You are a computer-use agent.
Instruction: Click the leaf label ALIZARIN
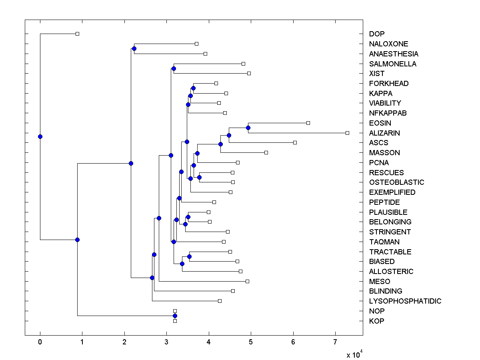tap(384, 133)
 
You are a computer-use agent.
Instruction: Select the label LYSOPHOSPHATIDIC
tap(405, 301)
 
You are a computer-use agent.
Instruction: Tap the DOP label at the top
tap(377, 34)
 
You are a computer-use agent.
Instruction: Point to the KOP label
tap(377, 321)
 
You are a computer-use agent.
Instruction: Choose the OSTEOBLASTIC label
tap(396, 182)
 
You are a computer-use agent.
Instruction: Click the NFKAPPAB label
tap(388, 113)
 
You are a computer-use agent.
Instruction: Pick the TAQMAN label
tap(384, 242)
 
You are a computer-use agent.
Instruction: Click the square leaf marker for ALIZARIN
tap(347, 133)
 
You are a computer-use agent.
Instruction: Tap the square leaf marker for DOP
tap(78, 34)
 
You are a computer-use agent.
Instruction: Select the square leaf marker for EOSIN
tap(308, 123)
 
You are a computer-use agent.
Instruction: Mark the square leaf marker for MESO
tap(247, 281)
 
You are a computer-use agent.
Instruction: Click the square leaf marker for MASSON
tap(266, 152)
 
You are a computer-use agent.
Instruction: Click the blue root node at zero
tap(40, 136)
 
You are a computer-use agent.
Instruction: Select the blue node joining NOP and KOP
tap(175, 316)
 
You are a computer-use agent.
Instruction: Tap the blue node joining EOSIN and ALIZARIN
tap(248, 128)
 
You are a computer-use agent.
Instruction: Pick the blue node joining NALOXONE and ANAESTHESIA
tap(134, 48)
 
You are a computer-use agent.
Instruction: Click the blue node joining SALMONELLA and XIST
tap(174, 68)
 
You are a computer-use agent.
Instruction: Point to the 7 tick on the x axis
tap(335, 342)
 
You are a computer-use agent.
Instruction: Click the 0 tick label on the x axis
tap(40, 342)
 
